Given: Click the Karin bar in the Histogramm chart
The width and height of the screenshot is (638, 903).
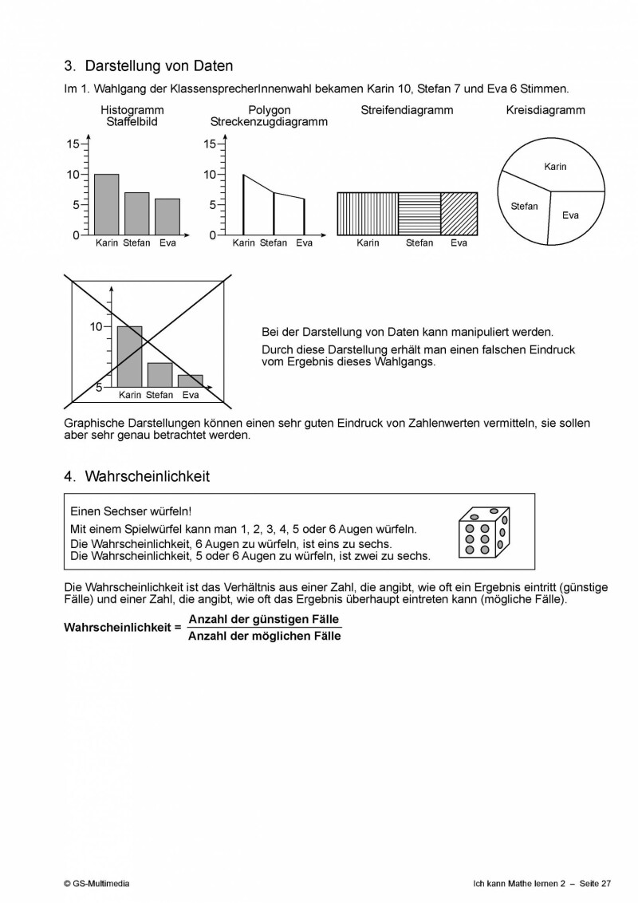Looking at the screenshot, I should click(x=106, y=204).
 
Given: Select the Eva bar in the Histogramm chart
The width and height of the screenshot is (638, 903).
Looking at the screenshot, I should click(x=167, y=216).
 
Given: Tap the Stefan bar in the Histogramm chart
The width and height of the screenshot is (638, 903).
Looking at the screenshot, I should click(x=136, y=214).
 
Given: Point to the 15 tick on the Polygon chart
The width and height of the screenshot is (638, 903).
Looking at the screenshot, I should click(x=211, y=144).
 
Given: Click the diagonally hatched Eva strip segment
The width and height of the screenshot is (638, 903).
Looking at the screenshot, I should click(x=459, y=214).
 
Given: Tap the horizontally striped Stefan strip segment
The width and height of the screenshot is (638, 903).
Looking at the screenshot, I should click(x=419, y=214).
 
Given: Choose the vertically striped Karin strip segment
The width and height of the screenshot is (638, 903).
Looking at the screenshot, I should click(x=368, y=214).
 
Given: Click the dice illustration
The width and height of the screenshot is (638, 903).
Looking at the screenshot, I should click(x=481, y=531).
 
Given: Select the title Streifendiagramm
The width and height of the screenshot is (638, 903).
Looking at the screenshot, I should click(x=407, y=110).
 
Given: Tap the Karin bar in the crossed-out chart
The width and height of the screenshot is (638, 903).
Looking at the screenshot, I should click(x=129, y=357).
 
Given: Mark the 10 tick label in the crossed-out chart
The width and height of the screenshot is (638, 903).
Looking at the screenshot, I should click(x=96, y=326).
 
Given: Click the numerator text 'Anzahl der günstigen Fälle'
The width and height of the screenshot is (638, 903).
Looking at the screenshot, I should click(x=263, y=619).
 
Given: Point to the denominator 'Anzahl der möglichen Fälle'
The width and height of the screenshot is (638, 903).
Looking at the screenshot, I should click(x=264, y=636).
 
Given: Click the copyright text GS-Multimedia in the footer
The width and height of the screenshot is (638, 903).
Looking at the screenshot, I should click(x=96, y=883).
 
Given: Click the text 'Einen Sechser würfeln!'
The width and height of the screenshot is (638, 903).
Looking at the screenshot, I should click(x=131, y=511).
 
